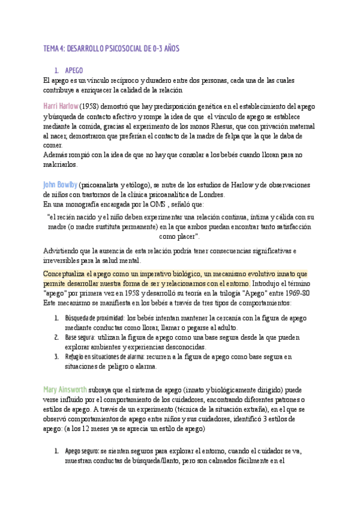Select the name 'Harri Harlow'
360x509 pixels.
(x=61, y=106)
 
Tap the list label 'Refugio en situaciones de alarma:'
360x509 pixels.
(x=104, y=357)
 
